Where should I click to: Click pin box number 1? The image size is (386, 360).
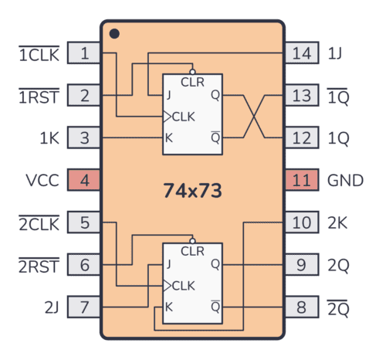[84, 53]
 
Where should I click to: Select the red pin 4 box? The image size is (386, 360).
[84, 181]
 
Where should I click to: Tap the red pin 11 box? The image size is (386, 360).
[301, 181]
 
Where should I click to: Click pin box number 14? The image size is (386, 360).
[301, 53]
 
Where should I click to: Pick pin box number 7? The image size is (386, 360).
[84, 307]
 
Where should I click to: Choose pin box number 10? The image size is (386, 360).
[301, 223]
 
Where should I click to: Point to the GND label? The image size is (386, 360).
[345, 181]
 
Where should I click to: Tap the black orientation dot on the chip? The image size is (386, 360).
[114, 34]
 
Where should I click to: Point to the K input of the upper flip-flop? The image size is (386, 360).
[168, 138]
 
